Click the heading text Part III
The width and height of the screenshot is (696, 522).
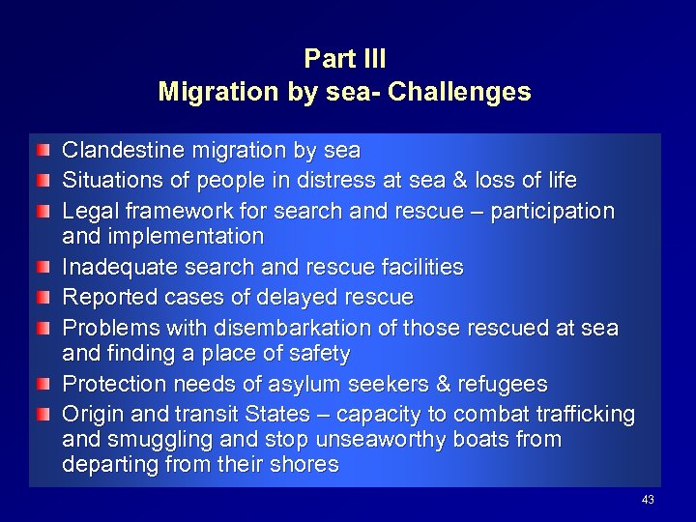[x=345, y=59]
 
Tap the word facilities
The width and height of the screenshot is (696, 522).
[x=421, y=267]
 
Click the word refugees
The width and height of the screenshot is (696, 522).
[x=503, y=385]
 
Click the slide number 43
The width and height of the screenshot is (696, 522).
[x=648, y=500]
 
